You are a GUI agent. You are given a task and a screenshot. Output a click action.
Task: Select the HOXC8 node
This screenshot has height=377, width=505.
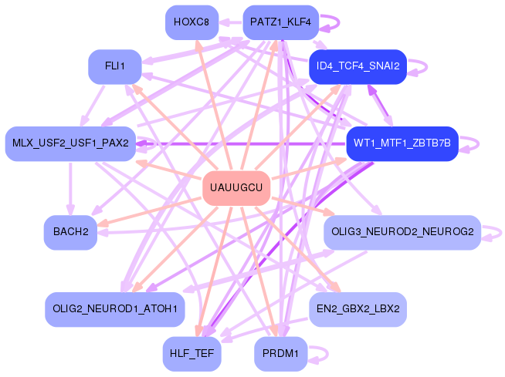tap(191, 22)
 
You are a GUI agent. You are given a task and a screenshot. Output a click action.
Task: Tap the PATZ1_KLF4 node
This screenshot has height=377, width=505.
tap(280, 22)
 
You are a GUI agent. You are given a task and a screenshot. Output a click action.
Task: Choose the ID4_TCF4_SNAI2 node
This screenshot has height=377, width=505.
tap(358, 66)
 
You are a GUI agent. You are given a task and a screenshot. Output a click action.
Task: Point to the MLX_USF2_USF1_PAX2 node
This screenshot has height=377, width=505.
tap(70, 143)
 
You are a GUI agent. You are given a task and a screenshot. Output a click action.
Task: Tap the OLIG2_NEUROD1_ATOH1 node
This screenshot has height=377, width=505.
tap(115, 309)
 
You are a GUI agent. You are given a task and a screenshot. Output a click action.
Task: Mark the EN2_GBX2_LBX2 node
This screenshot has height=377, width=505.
tap(358, 309)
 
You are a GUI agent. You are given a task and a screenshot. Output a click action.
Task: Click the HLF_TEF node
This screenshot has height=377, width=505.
tap(191, 354)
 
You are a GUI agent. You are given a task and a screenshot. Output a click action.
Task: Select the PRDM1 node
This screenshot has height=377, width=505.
tap(280, 354)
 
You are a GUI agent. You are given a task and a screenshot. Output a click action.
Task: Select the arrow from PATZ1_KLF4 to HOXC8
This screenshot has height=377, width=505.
tap(230, 22)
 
